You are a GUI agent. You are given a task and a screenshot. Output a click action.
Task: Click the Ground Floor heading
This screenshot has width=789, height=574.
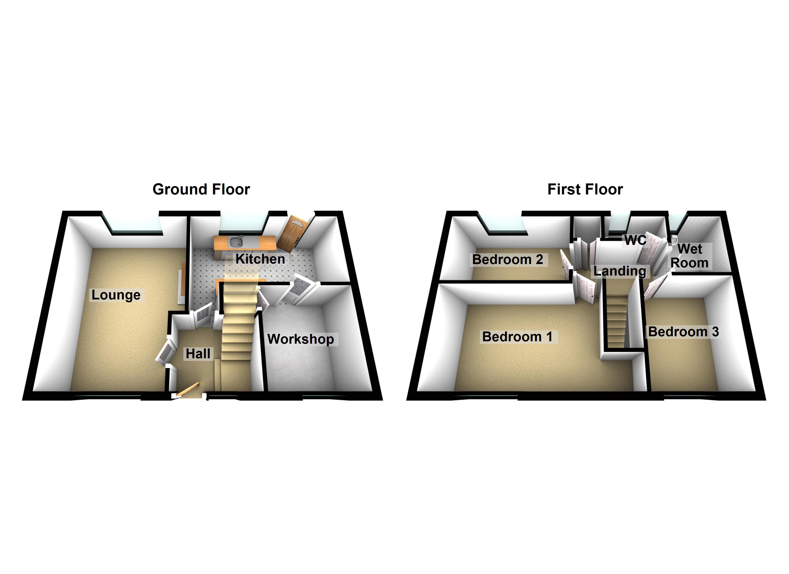[201, 189]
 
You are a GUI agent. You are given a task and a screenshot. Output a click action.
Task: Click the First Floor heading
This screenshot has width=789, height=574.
[585, 189]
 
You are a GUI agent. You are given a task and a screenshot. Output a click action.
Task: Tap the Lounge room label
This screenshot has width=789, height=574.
[116, 295]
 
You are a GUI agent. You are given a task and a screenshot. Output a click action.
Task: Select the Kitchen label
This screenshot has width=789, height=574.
[260, 259]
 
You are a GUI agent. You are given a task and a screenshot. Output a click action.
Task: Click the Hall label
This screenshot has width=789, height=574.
[198, 354]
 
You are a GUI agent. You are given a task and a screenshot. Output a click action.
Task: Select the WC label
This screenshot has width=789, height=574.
[635, 240]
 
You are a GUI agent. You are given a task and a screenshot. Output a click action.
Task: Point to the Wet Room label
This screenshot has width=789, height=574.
[690, 256]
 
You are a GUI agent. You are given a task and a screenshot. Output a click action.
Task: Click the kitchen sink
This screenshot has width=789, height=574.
[236, 242]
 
